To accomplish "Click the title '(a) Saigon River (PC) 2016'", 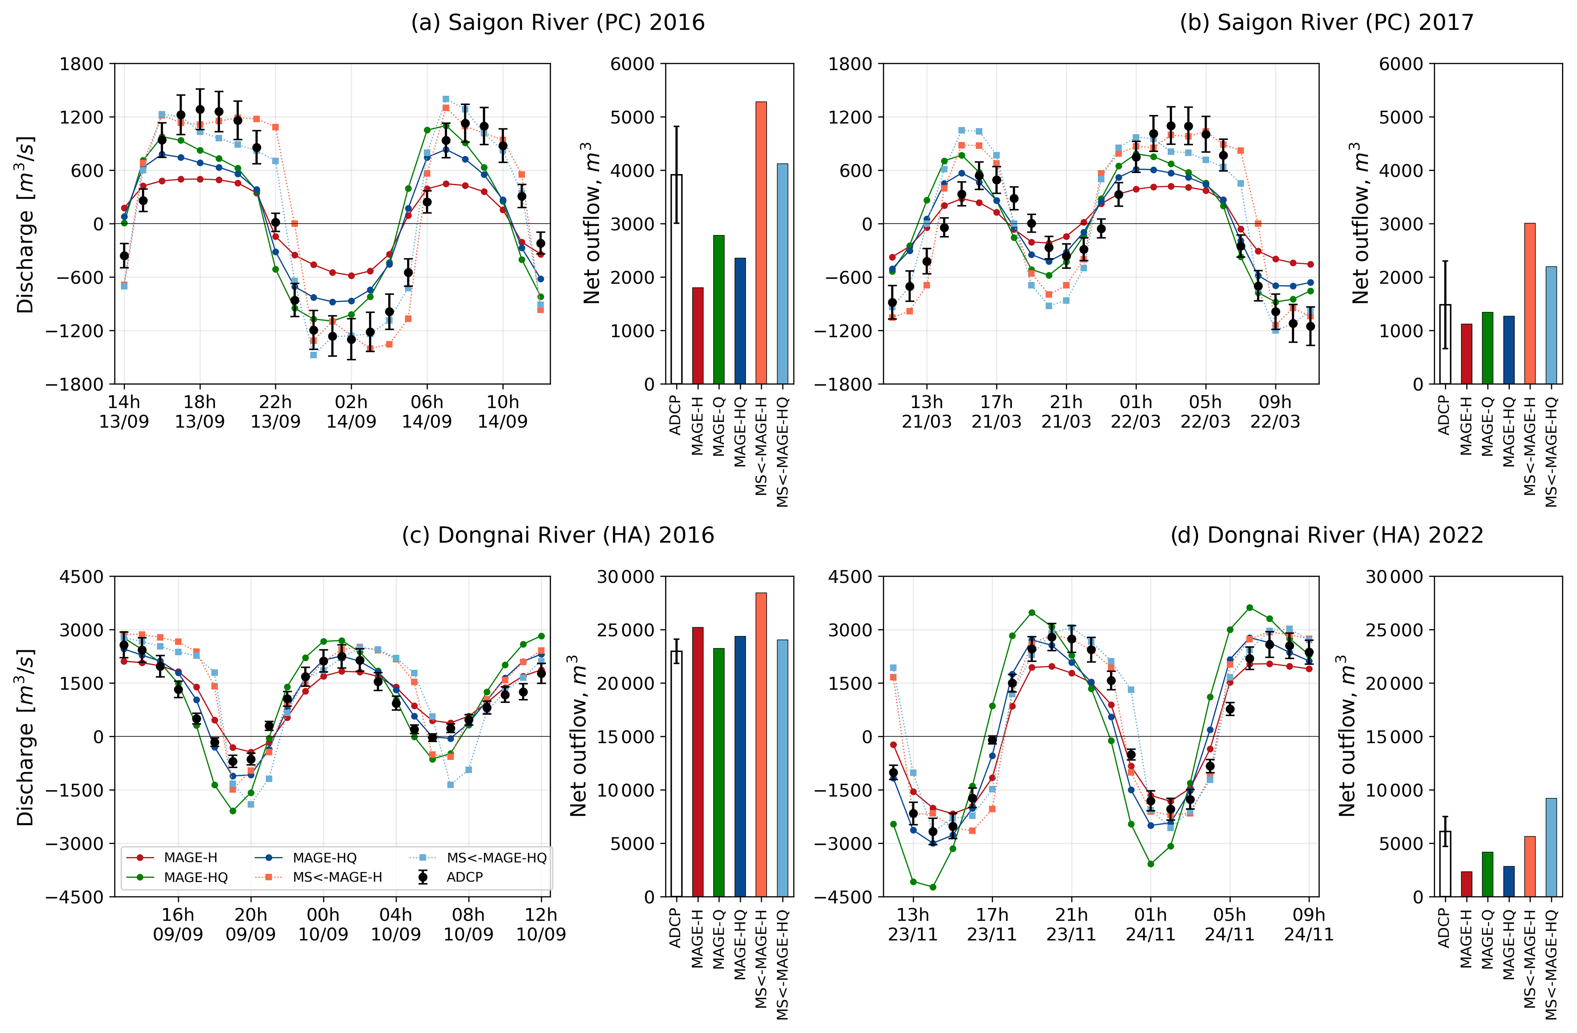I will (558, 23).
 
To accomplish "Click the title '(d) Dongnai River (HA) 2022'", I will (1327, 535).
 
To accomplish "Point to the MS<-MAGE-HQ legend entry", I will (496, 858).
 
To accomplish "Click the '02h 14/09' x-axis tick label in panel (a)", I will (351, 411).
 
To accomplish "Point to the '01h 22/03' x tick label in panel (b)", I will (1136, 411).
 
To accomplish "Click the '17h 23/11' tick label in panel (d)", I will (992, 925).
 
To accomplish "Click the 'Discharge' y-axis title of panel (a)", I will (25, 224).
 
